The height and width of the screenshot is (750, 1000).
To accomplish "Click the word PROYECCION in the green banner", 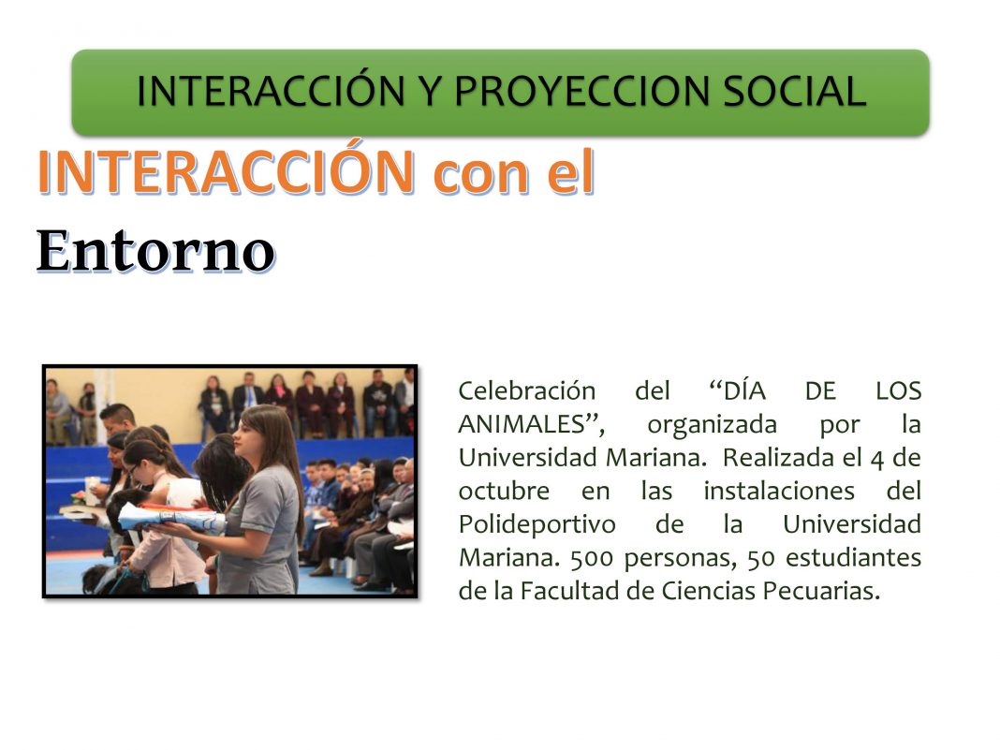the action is tap(581, 91).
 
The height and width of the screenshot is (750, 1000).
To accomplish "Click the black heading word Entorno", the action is tap(155, 250).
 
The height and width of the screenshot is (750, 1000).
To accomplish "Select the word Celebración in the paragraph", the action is tap(527, 390).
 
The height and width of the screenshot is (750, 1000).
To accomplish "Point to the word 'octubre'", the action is tap(504, 491).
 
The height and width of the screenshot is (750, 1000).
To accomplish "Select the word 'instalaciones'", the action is tap(779, 491).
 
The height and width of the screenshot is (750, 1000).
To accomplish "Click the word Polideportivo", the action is tap(537, 525).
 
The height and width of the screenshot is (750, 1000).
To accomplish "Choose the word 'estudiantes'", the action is tap(853, 558).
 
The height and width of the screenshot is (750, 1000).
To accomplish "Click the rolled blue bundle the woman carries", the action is tap(171, 517).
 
